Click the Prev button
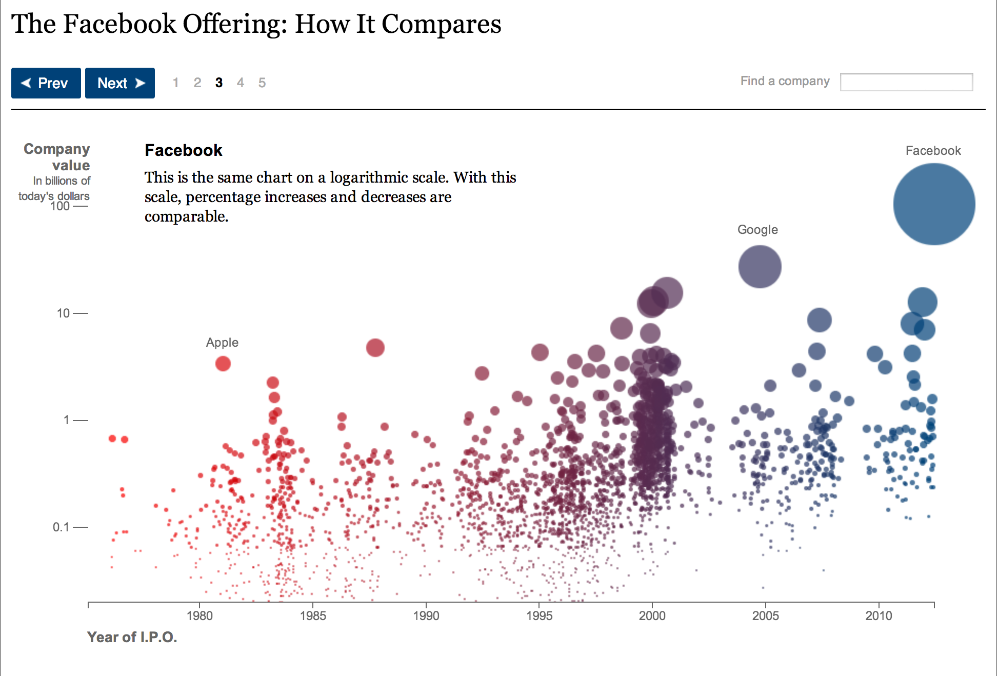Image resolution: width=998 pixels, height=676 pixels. pyautogui.click(x=46, y=83)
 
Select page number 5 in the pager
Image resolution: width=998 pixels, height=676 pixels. pyautogui.click(x=262, y=83)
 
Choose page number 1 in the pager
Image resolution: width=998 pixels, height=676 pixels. pyautogui.click(x=175, y=83)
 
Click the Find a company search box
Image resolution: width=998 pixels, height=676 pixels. pyautogui.click(x=906, y=82)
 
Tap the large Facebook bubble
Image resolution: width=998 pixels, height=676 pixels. pyautogui.click(x=934, y=204)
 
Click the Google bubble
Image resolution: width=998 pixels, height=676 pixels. pyautogui.click(x=760, y=267)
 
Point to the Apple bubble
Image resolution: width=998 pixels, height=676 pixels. pyautogui.click(x=223, y=364)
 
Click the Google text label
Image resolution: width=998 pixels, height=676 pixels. pyautogui.click(x=757, y=230)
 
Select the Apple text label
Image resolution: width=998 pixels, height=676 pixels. pyautogui.click(x=222, y=343)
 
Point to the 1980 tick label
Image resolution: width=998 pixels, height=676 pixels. pyautogui.click(x=199, y=615)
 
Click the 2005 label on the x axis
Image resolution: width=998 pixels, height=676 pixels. pyautogui.click(x=765, y=615)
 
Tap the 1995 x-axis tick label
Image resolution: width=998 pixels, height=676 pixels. pyautogui.click(x=539, y=615)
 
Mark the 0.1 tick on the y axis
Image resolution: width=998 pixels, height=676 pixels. pyautogui.click(x=61, y=527)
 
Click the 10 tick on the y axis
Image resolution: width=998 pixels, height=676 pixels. pyautogui.click(x=63, y=313)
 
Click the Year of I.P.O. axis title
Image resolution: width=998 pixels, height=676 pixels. pyautogui.click(x=132, y=637)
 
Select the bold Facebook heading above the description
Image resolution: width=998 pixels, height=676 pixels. pyautogui.click(x=183, y=150)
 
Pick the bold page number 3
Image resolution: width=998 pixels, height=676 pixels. pyautogui.click(x=219, y=83)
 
